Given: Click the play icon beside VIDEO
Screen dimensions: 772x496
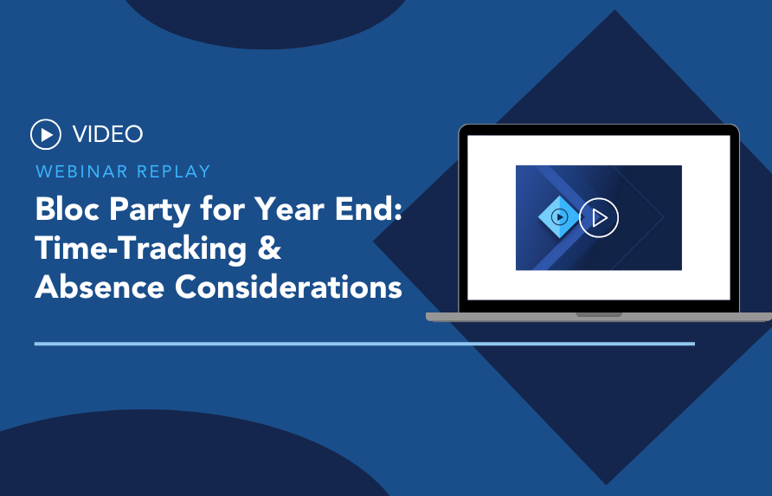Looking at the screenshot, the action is [46, 134].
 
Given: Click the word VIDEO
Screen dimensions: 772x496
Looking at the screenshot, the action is [108, 134].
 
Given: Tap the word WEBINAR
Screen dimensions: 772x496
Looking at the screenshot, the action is [81, 171].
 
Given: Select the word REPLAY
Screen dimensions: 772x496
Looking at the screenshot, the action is [174, 171].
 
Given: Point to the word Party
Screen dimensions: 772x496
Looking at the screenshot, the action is [150, 211].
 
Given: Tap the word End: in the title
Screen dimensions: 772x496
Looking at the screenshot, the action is [369, 209].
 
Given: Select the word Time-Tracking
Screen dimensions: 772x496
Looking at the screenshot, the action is [141, 249].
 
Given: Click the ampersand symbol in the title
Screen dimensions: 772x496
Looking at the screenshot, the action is [269, 248].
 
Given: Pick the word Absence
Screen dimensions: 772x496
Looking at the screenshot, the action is [100, 287].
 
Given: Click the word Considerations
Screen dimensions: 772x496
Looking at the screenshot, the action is [288, 287].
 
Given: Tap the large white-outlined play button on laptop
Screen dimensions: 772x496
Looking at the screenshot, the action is [599, 217].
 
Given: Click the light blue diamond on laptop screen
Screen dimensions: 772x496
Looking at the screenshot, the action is [559, 216].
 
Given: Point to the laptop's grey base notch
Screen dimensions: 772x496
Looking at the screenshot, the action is [599, 314].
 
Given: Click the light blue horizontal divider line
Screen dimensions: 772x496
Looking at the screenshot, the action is [365, 344].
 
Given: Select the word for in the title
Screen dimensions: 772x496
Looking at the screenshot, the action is [222, 209].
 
